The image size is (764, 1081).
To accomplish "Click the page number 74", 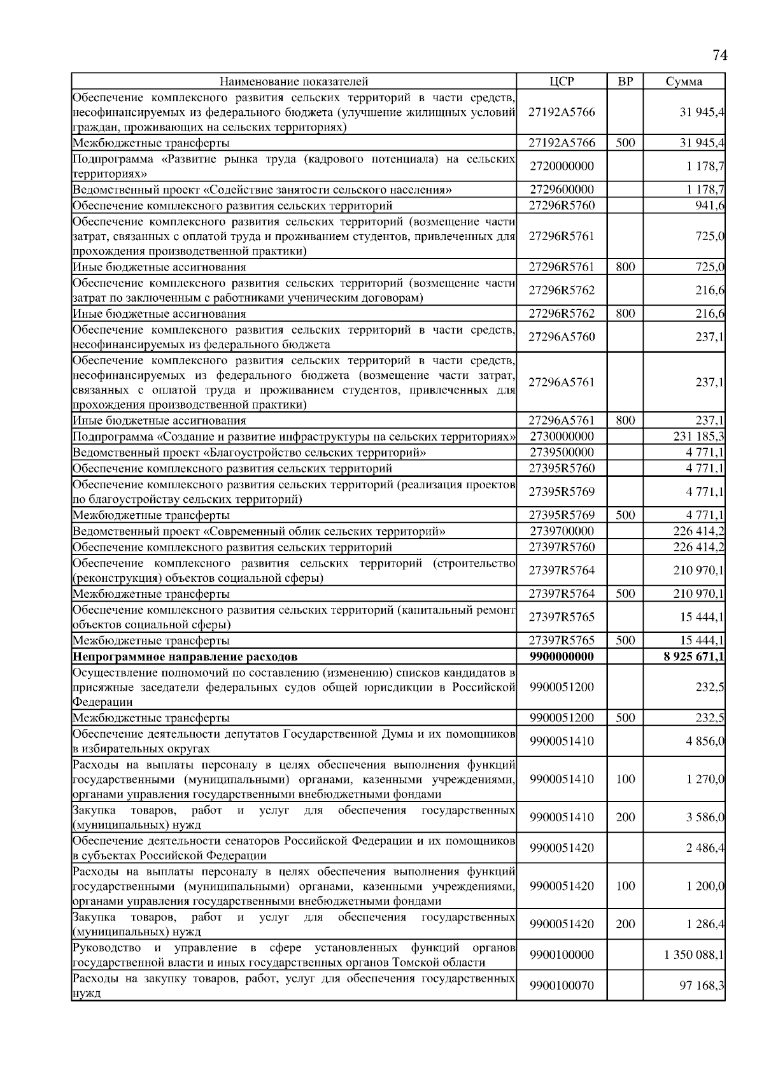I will click(719, 55).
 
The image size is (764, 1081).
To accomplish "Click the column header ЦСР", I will click(562, 81).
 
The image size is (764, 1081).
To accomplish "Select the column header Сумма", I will click(684, 81).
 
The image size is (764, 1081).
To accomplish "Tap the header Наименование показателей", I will click(294, 81).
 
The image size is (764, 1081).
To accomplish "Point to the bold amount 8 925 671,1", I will click(693, 656).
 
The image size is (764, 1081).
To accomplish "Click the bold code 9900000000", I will click(562, 656).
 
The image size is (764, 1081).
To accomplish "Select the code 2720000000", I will click(562, 166).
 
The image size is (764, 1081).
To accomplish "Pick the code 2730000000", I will click(562, 437).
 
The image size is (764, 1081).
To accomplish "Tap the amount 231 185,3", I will click(698, 437).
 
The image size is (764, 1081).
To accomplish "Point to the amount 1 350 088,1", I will click(694, 955).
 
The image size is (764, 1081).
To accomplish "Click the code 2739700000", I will click(562, 532).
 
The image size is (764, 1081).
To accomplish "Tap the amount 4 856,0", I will click(705, 742).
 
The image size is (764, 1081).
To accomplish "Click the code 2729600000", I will click(562, 190).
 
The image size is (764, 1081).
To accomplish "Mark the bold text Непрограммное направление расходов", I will click(185, 656).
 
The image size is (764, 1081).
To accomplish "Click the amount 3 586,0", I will click(705, 817).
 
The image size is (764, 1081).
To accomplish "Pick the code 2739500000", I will click(562, 453).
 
